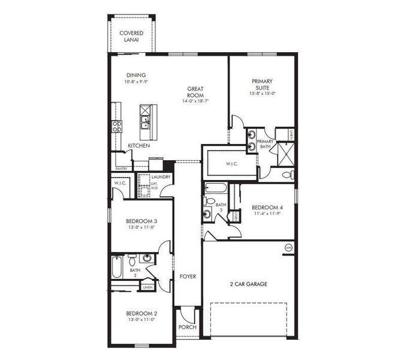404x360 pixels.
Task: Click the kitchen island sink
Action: pos(145,123)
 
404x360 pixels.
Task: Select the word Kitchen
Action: pos(138,146)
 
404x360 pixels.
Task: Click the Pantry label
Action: pos(121,169)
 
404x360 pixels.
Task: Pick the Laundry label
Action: pos(161,177)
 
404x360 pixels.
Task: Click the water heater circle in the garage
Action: pos(288,247)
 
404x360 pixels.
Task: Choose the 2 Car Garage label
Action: pos(248,284)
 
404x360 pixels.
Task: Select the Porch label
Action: pos(187,328)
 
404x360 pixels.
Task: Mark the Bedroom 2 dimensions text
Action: pos(141,320)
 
